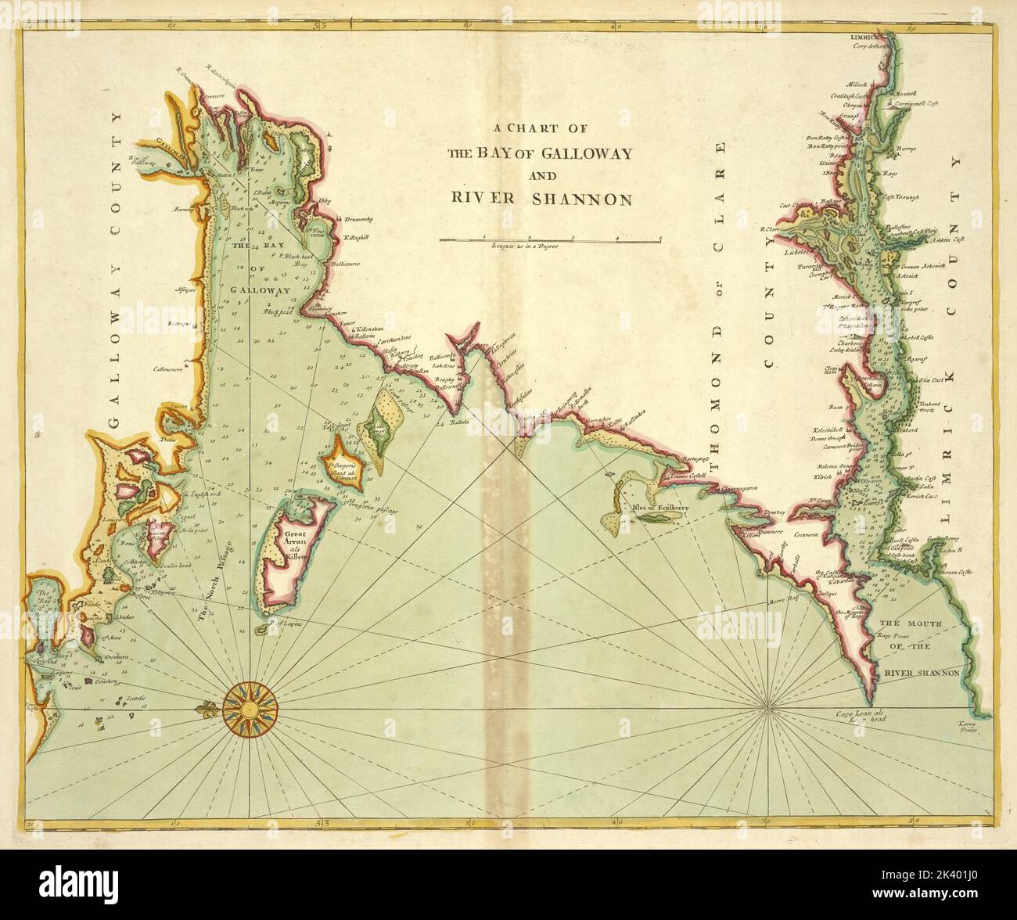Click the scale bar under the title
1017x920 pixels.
coord(550,239)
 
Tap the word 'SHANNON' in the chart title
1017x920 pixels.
coord(582,199)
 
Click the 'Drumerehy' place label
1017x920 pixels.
coord(359,220)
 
